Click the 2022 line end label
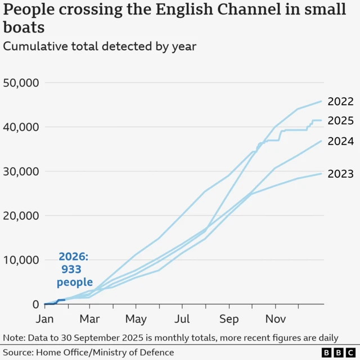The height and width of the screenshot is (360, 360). click(x=341, y=102)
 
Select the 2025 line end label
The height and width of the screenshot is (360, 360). click(x=341, y=121)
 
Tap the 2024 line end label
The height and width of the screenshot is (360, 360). click(x=341, y=142)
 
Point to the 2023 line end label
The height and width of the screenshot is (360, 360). click(x=341, y=174)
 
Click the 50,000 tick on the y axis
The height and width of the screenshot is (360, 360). click(x=20, y=83)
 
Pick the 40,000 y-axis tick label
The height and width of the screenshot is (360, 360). click(x=20, y=127)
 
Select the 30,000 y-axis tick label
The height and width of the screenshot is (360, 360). click(x=20, y=172)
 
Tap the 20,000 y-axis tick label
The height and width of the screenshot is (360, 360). click(x=20, y=215)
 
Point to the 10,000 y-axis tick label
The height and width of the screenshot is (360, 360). click(x=20, y=260)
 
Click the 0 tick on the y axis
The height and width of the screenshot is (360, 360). click(x=34, y=304)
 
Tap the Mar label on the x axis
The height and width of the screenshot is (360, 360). click(x=89, y=319)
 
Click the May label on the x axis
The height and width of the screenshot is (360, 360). click(x=136, y=319)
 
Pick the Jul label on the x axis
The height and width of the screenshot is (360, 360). click(x=182, y=319)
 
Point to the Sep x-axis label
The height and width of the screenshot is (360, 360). click(x=229, y=319)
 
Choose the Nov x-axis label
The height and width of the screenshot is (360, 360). click(x=275, y=319)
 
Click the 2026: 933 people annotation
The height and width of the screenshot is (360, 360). click(x=74, y=270)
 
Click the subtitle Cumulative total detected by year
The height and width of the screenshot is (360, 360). click(x=100, y=47)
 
